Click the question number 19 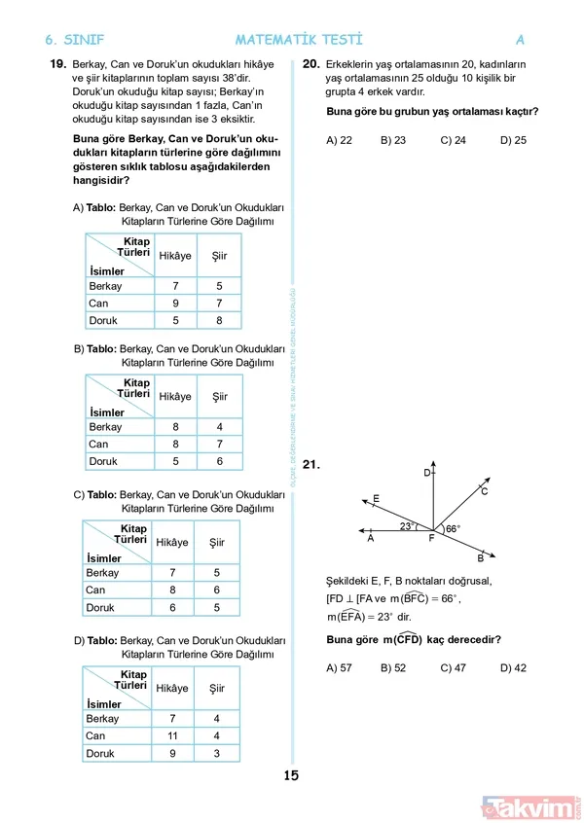click(x=56, y=64)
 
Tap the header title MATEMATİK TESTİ click(x=298, y=40)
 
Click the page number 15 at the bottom click(x=291, y=775)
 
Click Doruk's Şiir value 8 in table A click(x=219, y=320)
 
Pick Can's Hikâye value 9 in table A click(x=175, y=303)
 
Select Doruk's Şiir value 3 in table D click(x=217, y=753)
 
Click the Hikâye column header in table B click(x=175, y=397)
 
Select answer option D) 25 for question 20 click(x=513, y=140)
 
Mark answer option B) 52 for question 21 click(x=393, y=667)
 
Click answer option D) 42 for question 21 click(x=513, y=667)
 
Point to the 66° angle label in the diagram click(x=453, y=529)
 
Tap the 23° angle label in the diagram click(x=407, y=526)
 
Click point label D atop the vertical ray click(x=426, y=472)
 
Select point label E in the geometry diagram click(x=376, y=499)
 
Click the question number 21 click(x=311, y=466)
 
